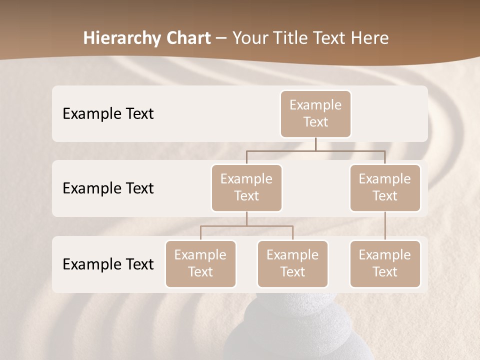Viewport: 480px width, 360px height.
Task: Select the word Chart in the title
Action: pyautogui.click(x=186, y=38)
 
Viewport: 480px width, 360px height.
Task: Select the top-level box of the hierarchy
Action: pyautogui.click(x=315, y=113)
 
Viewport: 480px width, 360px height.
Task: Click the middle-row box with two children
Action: pyautogui.click(x=246, y=187)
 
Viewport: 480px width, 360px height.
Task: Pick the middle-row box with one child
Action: pyautogui.click(x=385, y=187)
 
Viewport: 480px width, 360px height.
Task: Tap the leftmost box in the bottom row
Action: pyautogui.click(x=200, y=263)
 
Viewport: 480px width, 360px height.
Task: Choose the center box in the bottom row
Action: pyautogui.click(x=292, y=263)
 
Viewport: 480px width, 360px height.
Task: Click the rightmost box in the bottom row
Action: pyautogui.click(x=385, y=263)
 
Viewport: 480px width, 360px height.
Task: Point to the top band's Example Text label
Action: pyautogui.click(x=108, y=114)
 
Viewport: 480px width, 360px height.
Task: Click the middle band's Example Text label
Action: pyautogui.click(x=108, y=188)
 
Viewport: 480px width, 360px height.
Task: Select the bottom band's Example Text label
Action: pyautogui.click(x=108, y=264)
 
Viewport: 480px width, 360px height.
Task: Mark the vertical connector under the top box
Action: pyautogui.click(x=315, y=144)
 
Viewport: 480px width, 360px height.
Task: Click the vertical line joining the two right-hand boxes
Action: pyautogui.click(x=385, y=226)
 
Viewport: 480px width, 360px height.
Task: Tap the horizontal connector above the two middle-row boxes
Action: pyautogui.click(x=315, y=150)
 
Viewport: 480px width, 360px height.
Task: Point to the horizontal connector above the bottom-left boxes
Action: pyautogui.click(x=246, y=226)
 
